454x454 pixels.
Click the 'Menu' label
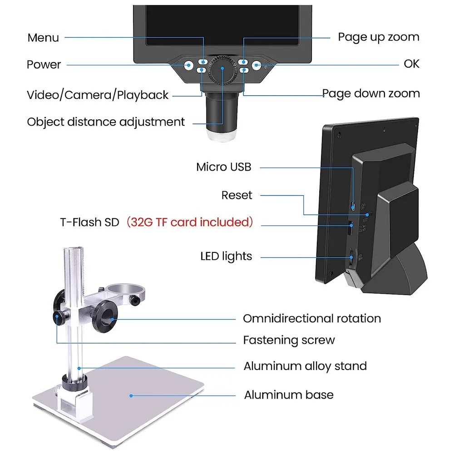point(43,38)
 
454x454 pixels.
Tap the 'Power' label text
point(44,64)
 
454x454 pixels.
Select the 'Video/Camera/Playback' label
point(98,95)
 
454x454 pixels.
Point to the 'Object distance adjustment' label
point(106,122)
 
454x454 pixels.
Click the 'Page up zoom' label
point(379,37)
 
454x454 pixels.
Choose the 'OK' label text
point(411,64)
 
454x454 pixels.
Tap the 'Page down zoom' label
point(371,94)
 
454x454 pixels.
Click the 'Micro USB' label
point(223,167)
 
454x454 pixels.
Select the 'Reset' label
point(237,195)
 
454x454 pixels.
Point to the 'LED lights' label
point(226,256)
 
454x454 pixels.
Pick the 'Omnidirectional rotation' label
point(312,318)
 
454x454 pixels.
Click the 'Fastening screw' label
point(289,340)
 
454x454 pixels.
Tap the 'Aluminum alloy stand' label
point(305,366)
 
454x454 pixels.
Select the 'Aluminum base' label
point(289,395)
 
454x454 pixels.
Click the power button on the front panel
point(188,65)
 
